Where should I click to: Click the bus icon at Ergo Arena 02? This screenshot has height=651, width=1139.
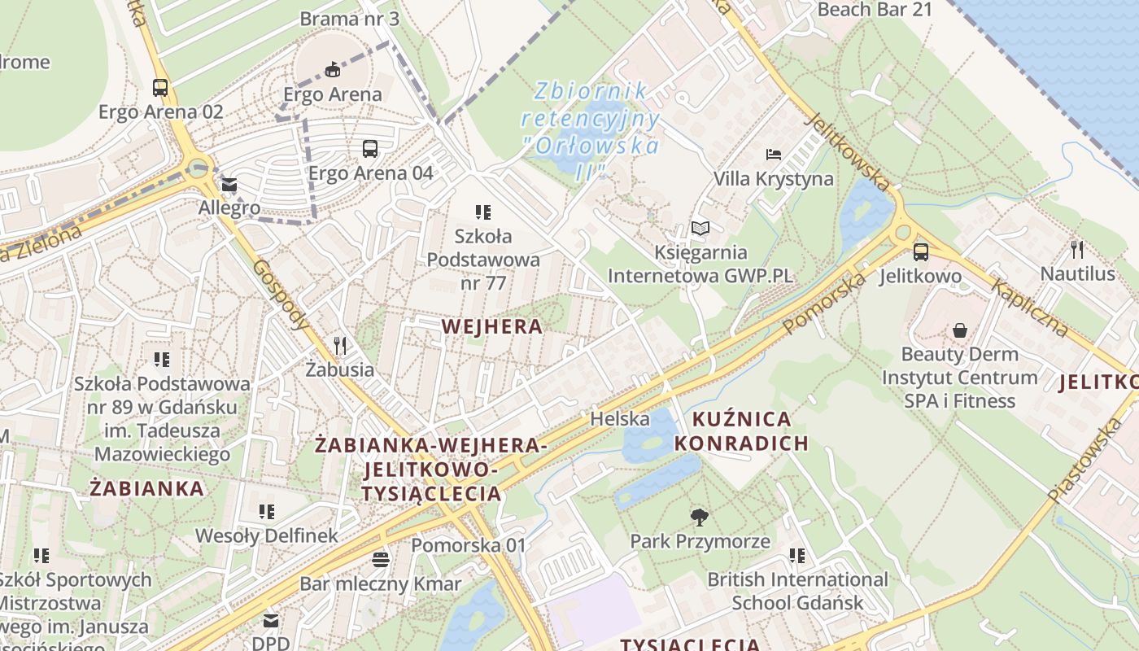point(160,88)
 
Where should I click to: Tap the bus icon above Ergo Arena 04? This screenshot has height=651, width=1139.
point(370,149)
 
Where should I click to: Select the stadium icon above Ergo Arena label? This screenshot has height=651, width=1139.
point(333,70)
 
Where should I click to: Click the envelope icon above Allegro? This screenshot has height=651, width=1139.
point(229,186)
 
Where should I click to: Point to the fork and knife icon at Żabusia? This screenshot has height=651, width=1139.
point(340,346)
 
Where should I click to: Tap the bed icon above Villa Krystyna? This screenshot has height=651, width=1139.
point(773,155)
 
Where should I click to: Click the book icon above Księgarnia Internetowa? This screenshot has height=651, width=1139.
point(700,229)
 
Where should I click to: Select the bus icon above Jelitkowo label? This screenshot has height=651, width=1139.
point(920,252)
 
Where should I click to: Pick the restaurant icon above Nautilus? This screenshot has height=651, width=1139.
point(1077,250)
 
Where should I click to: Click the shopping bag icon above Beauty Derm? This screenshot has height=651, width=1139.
point(960,330)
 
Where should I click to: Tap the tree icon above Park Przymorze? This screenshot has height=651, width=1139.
point(699,517)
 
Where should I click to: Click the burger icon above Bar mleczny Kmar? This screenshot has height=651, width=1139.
point(380,560)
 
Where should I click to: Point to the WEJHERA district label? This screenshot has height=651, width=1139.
point(491,326)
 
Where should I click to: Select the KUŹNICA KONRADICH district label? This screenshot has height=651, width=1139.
point(741,431)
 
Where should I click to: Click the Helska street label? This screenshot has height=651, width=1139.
point(620,419)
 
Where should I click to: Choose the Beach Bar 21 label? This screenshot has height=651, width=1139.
point(875,10)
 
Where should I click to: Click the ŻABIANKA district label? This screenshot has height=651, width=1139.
point(146,488)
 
